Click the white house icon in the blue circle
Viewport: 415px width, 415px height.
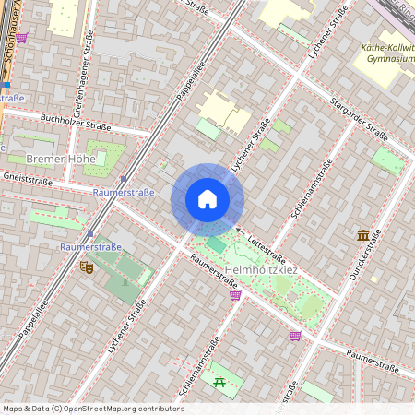(207, 199)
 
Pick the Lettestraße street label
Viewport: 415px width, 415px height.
(267, 248)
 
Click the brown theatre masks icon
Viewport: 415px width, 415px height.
(87, 267)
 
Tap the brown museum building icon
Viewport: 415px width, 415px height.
(362, 235)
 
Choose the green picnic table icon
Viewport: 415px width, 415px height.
(219, 381)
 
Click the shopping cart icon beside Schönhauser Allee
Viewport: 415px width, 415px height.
(22, 38)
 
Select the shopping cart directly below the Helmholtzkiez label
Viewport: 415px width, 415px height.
(235, 295)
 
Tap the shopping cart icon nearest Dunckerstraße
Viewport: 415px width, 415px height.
(295, 336)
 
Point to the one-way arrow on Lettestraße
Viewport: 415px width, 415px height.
(238, 230)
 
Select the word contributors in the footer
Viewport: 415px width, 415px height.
(161, 409)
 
